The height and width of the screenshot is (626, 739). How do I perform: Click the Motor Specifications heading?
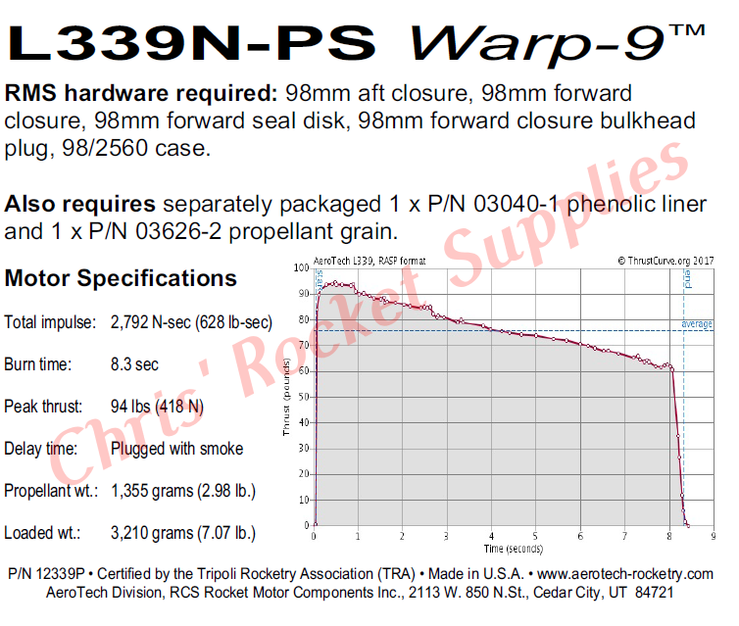pos(121,278)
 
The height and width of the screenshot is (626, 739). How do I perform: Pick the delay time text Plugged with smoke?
pos(176,449)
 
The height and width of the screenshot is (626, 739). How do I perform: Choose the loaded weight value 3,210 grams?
pos(183,534)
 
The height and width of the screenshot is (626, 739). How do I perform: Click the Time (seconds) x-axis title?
pos(512,548)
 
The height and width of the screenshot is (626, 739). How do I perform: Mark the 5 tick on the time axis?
pos(535,536)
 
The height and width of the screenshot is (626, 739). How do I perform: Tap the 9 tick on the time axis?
pos(714,536)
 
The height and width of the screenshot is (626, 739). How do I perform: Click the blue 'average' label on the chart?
pos(697,324)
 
